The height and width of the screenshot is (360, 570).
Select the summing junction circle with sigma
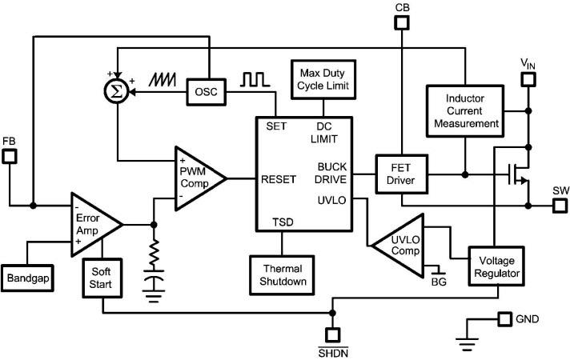click(118, 93)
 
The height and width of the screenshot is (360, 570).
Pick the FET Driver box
click(402, 174)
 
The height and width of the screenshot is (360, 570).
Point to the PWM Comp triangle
click(196, 178)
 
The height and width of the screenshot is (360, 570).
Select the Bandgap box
click(29, 278)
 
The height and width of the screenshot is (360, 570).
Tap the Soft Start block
click(101, 278)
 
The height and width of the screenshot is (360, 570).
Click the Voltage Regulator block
click(496, 267)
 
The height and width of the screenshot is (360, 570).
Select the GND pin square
click(504, 319)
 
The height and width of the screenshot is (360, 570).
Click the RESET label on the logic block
click(279, 179)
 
